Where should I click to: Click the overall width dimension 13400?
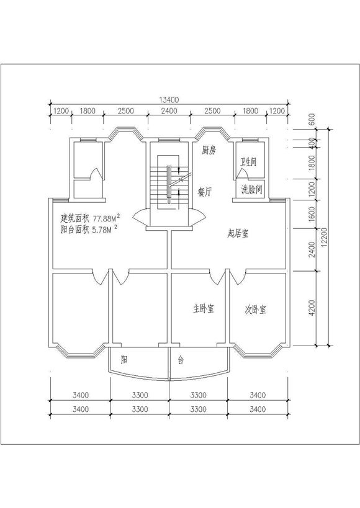tap(169, 99)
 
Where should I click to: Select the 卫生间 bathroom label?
tap(248, 161)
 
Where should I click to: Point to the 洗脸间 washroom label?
tap(251, 190)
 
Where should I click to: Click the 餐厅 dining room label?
tap(205, 192)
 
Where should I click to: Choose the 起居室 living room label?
tap(238, 233)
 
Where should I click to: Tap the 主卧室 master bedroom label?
tap(204, 308)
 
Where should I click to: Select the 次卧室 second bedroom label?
tap(256, 310)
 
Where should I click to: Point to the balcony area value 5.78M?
tap(103, 230)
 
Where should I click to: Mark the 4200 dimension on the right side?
tap(312, 308)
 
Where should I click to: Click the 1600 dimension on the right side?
tap(312, 214)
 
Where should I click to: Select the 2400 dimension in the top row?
tap(169, 111)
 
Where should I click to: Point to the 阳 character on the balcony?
tap(124, 359)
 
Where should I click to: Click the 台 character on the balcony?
tap(181, 360)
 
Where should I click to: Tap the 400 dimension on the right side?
tap(312, 143)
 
